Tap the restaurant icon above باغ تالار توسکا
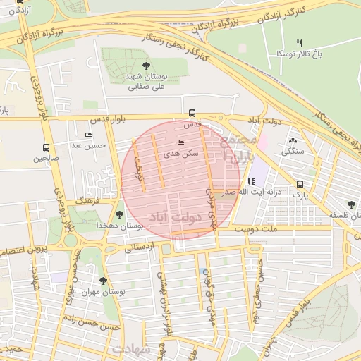pyautogui.click(x=299, y=43)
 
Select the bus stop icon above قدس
pyautogui.click(x=192, y=113)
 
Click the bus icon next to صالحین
pyautogui.click(x=46, y=147)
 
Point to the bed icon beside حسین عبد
pyautogui.click(x=88, y=135)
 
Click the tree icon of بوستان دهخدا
pyautogui.click(x=118, y=214)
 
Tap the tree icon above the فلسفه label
pyautogui.click(x=350, y=204)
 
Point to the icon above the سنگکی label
pyautogui.click(x=293, y=140)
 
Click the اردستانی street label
pyautogui.click(x=138, y=248)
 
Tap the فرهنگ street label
pyautogui.click(x=91, y=201)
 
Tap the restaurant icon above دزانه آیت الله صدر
pyautogui.click(x=252, y=181)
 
